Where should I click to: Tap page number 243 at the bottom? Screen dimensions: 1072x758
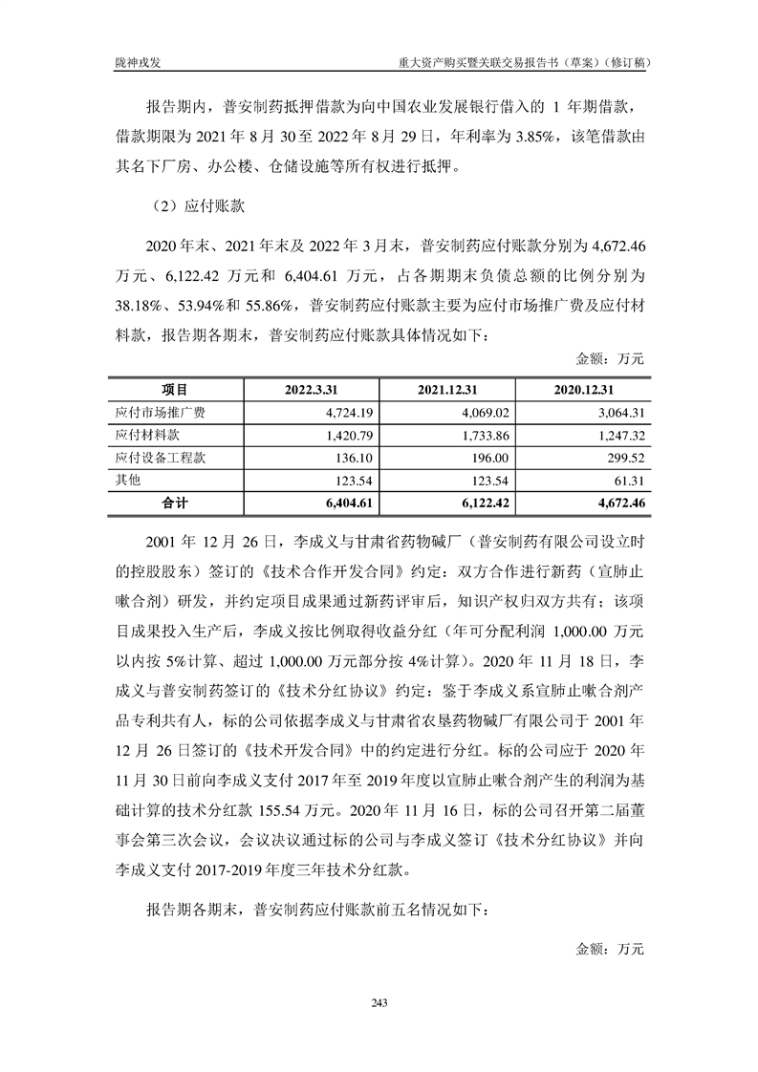[x=379, y=1002]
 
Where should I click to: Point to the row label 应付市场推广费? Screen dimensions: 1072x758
[x=154, y=413]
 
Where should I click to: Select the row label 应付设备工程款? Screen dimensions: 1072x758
[x=154, y=458]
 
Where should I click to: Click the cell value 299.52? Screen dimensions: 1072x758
[x=625, y=458]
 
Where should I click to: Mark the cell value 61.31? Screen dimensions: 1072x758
[x=629, y=481]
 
